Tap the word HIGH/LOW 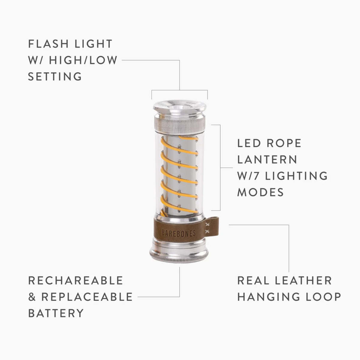(83, 60)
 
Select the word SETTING (55, 76)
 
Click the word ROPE (284, 143)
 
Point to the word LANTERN (267, 160)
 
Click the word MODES (261, 192)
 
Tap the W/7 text (249, 176)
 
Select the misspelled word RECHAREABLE (76, 280)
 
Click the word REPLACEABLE (87, 297)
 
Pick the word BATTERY (56, 313)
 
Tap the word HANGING (266, 297)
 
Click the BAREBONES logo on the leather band (178, 233)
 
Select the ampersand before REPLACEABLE (32, 297)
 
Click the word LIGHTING (296, 176)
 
